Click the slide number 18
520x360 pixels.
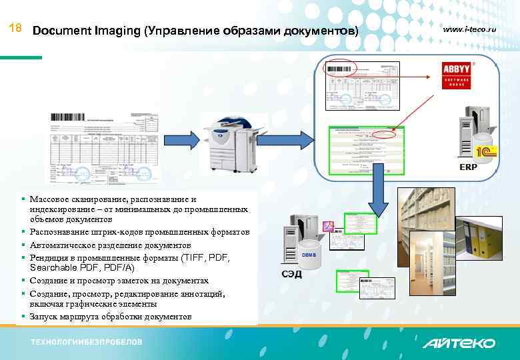[x=17, y=29]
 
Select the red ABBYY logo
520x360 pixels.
[x=458, y=75]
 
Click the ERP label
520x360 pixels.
[x=468, y=167]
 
